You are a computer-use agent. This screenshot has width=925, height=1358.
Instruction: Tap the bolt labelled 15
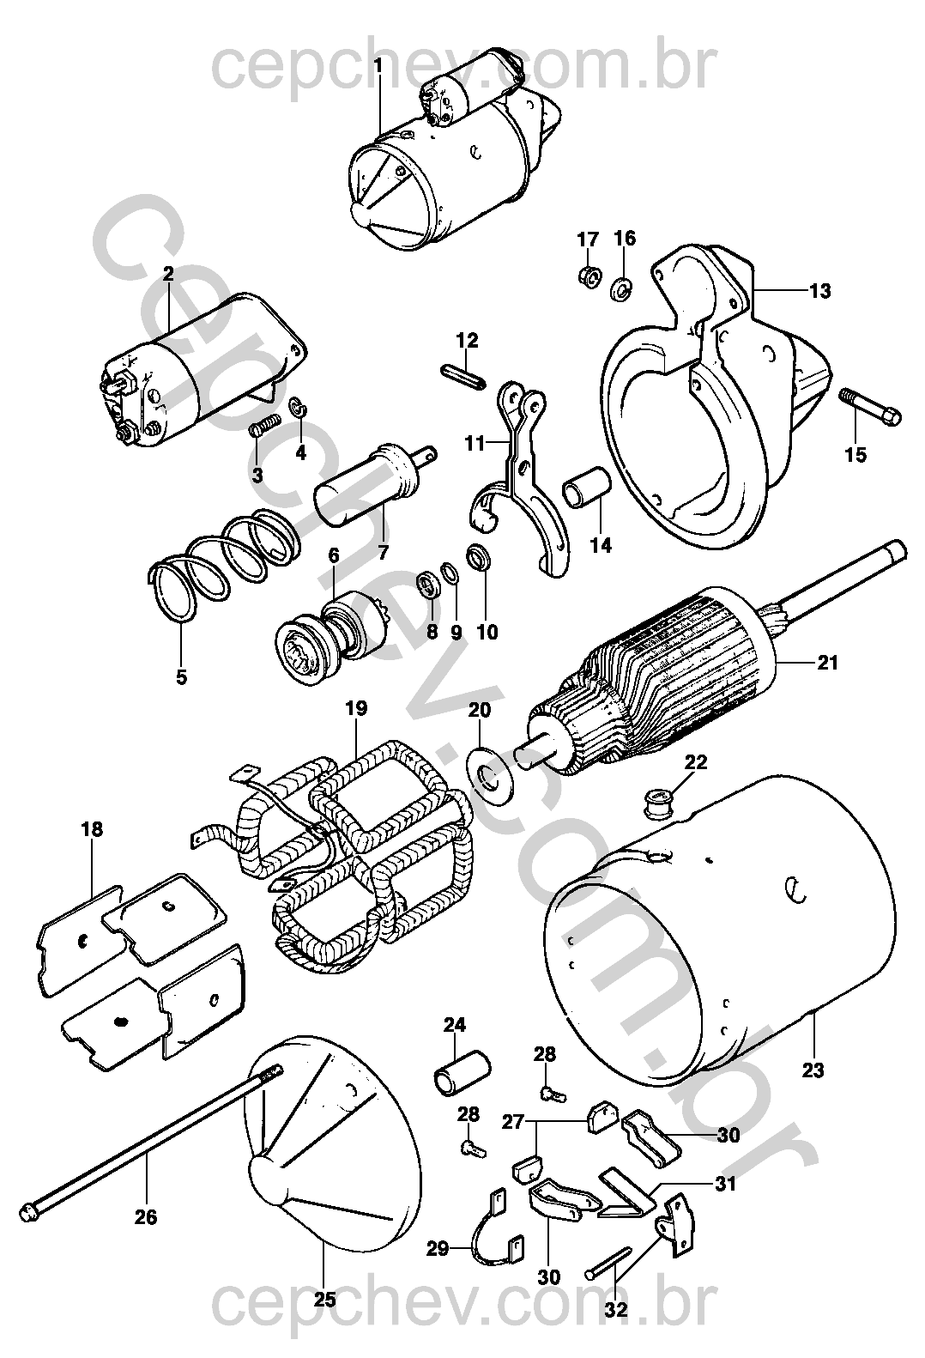pos(869,408)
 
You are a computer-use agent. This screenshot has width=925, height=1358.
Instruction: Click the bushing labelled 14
pos(586,495)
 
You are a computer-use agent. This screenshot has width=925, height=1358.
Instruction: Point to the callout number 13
pos(819,291)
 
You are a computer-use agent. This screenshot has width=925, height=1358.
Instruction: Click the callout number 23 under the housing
pos(813,1070)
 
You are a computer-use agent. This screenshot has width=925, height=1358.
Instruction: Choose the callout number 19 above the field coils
pos(356,708)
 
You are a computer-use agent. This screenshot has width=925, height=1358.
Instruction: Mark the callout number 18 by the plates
pos(92,829)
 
